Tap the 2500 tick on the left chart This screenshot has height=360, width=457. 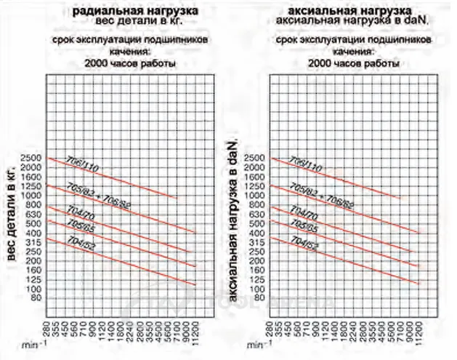point(33,158)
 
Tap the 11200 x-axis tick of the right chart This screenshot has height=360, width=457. point(418,332)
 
